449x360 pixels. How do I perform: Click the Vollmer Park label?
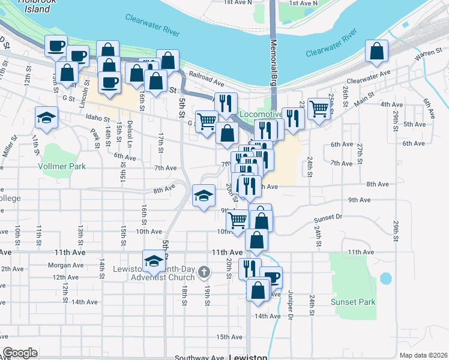point(62,166)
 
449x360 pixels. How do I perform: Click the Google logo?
point(20,353)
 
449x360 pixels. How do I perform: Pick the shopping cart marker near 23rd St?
point(319,109)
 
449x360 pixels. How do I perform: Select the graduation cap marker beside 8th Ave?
point(203,196)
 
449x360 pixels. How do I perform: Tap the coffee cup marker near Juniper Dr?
point(271,277)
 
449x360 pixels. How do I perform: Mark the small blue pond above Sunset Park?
point(385,278)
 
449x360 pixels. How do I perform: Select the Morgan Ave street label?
point(65,265)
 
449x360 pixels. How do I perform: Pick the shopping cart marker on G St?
point(206,120)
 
